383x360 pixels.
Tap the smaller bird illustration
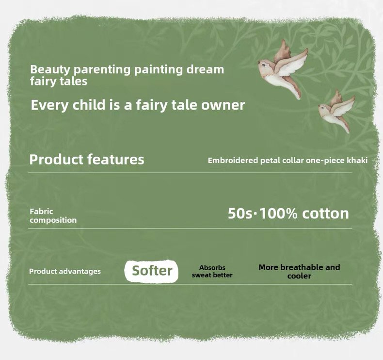[x=336, y=112]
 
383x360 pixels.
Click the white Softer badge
[x=151, y=271]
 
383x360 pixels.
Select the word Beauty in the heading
[x=50, y=70]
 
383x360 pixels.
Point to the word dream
[x=205, y=69]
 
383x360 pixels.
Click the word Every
[x=49, y=105]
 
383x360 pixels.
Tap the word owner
[x=223, y=105]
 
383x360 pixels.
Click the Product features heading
[x=87, y=159]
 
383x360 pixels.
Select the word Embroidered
[x=233, y=160]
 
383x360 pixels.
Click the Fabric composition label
[x=53, y=216]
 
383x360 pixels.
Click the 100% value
[x=278, y=213]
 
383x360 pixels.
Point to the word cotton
[x=326, y=213]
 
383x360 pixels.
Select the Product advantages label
[x=65, y=271]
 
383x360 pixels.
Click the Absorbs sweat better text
[x=212, y=271]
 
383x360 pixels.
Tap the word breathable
[x=302, y=267]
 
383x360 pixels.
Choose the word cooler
[x=299, y=276]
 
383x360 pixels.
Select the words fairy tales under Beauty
[x=59, y=82]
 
